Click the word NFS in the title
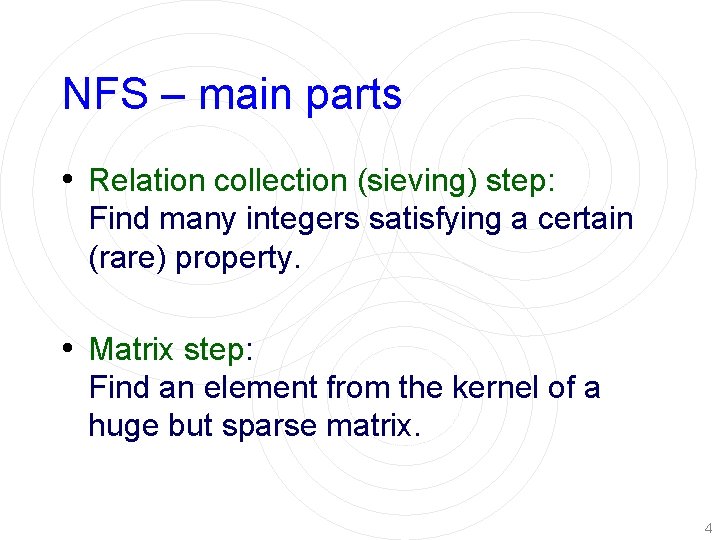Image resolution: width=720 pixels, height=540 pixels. click(x=97, y=95)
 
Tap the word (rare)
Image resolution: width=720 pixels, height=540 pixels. click(x=128, y=258)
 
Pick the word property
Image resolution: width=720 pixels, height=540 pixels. click(x=236, y=259)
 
